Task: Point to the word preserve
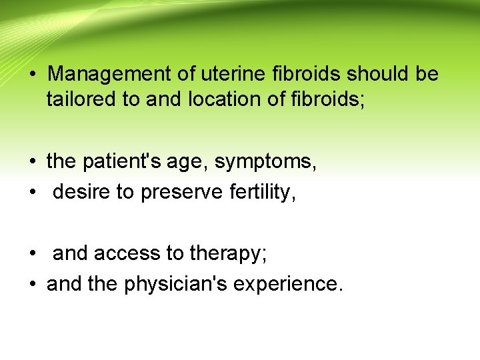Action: (x=180, y=193)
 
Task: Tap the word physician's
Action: (x=158, y=284)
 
